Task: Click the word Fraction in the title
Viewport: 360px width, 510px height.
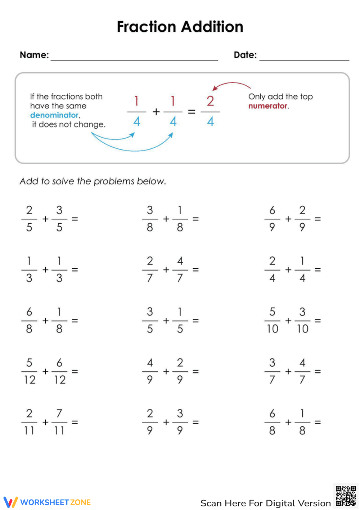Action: (x=147, y=27)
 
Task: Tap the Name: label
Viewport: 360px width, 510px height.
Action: (x=34, y=55)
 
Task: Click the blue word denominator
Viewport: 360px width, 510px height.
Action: (x=54, y=115)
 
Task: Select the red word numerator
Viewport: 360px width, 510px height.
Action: (x=268, y=106)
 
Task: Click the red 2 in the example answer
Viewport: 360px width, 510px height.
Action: (x=210, y=101)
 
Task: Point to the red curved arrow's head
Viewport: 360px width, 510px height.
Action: (x=215, y=88)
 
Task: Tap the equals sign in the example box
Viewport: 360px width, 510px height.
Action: (x=192, y=112)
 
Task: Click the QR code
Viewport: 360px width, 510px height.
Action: (x=346, y=496)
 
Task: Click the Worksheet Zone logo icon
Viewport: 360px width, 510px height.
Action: (x=10, y=502)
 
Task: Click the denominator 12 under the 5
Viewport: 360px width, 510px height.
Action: (x=30, y=380)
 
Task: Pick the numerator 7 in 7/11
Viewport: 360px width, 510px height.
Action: (x=59, y=413)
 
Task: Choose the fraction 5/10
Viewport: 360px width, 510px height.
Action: (x=273, y=320)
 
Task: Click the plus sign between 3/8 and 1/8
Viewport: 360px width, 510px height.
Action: (x=166, y=219)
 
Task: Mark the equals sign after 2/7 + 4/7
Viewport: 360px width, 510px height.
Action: (x=195, y=269)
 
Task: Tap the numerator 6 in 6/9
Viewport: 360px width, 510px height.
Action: (x=272, y=210)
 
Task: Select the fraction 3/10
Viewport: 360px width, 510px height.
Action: (x=302, y=320)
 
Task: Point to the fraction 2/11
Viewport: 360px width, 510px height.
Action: (x=29, y=422)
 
